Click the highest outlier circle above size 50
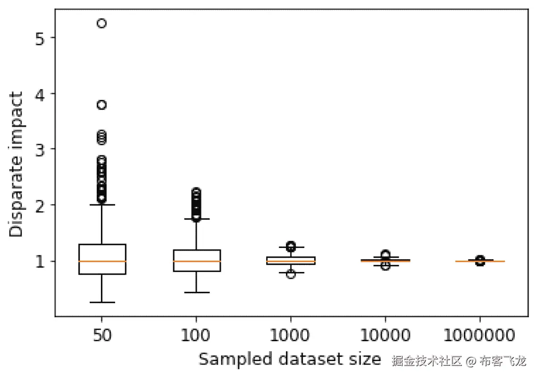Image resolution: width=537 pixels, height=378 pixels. tap(101, 24)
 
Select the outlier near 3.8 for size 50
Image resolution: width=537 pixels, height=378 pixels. tap(101, 105)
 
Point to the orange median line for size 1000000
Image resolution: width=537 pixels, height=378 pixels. tap(480, 261)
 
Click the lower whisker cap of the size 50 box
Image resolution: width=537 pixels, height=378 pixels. tap(102, 302)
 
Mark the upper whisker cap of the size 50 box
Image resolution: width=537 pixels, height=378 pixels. tap(102, 205)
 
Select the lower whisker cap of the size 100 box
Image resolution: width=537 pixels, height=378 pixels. tap(196, 293)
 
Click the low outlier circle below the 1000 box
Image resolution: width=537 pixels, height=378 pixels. tap(291, 274)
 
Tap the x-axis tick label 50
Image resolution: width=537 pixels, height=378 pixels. tap(102, 335)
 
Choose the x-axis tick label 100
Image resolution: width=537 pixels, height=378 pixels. tap(196, 335)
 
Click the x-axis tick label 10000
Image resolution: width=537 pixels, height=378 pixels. tap(386, 335)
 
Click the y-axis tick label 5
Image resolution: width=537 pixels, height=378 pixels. tap(41, 38)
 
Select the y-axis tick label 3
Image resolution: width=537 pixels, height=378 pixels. tap(41, 149)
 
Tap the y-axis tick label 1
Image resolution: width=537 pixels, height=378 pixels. tap(41, 261)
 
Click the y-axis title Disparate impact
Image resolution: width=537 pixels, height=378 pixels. tap(17, 165)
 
